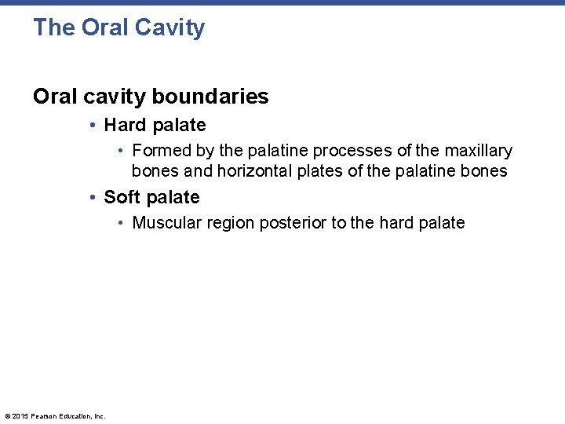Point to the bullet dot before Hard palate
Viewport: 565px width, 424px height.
[x=93, y=126]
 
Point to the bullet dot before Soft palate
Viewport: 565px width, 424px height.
[x=93, y=198]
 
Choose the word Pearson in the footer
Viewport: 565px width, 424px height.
[x=44, y=416]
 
